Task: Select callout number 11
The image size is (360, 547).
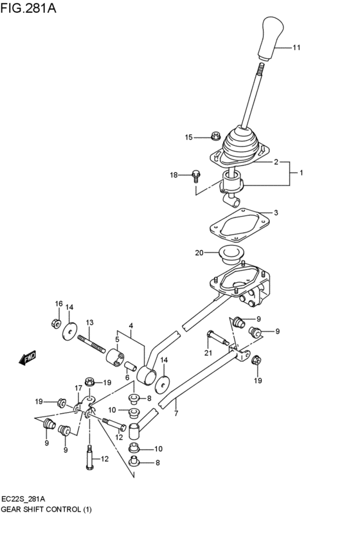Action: [x=296, y=48]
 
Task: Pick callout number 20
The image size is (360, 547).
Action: [x=199, y=253]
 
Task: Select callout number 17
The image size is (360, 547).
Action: [x=78, y=388]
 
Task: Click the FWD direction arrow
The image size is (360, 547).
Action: [x=28, y=357]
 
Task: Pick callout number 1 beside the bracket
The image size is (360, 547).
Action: [x=300, y=173]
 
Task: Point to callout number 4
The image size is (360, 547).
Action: [x=130, y=325]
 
